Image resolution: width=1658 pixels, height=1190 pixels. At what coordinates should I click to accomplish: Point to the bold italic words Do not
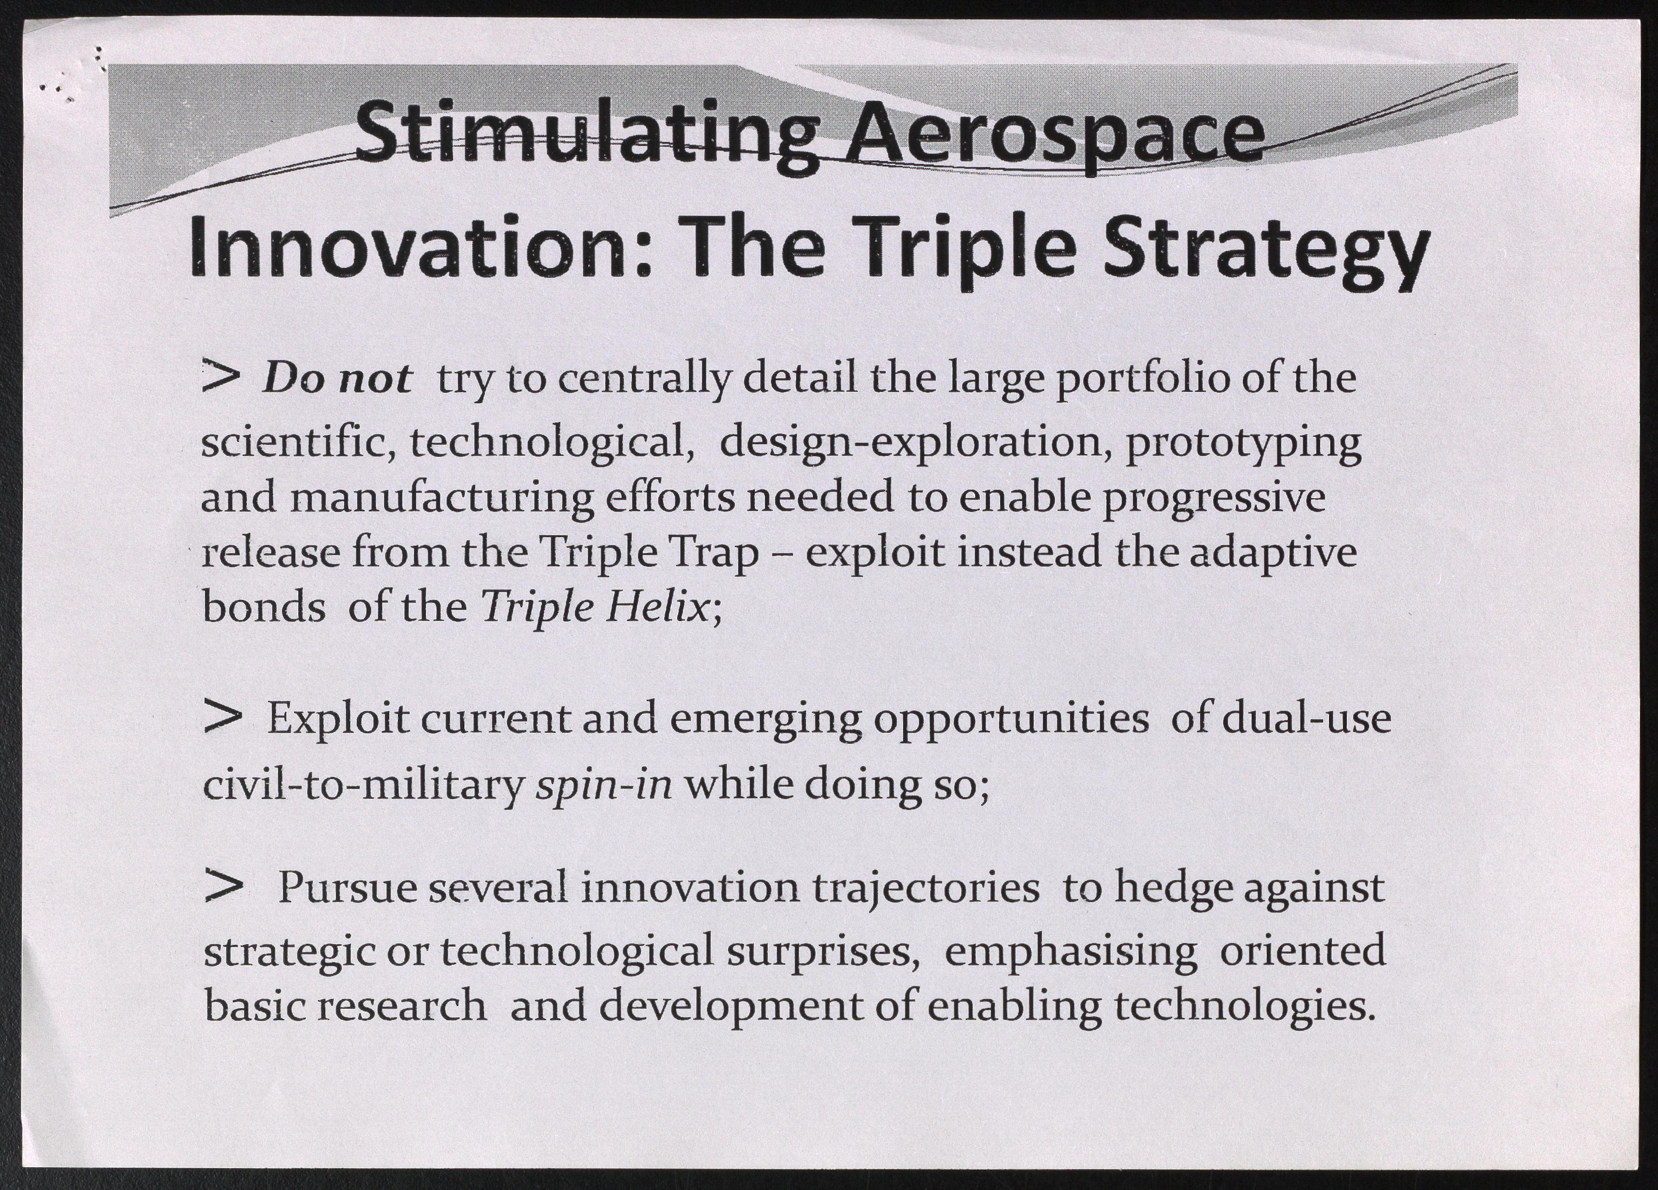337,378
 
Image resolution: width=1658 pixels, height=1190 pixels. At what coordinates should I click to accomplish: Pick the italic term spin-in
604,786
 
